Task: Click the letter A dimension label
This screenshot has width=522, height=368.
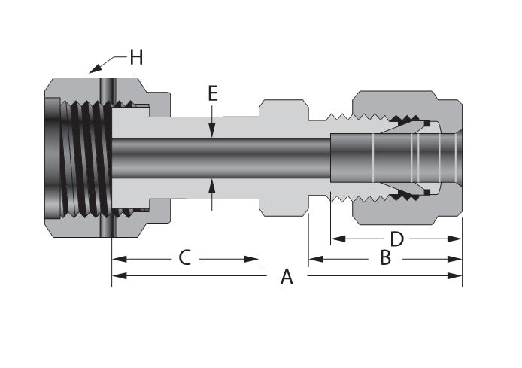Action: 286,277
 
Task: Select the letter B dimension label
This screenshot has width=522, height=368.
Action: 384,258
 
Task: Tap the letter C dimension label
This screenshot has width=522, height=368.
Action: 184,258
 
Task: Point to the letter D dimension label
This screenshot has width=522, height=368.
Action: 396,239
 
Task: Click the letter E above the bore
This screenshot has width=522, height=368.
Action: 213,94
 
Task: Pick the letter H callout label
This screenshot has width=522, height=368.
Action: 136,56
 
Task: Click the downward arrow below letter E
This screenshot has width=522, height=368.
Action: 213,130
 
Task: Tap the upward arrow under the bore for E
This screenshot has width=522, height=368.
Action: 213,184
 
